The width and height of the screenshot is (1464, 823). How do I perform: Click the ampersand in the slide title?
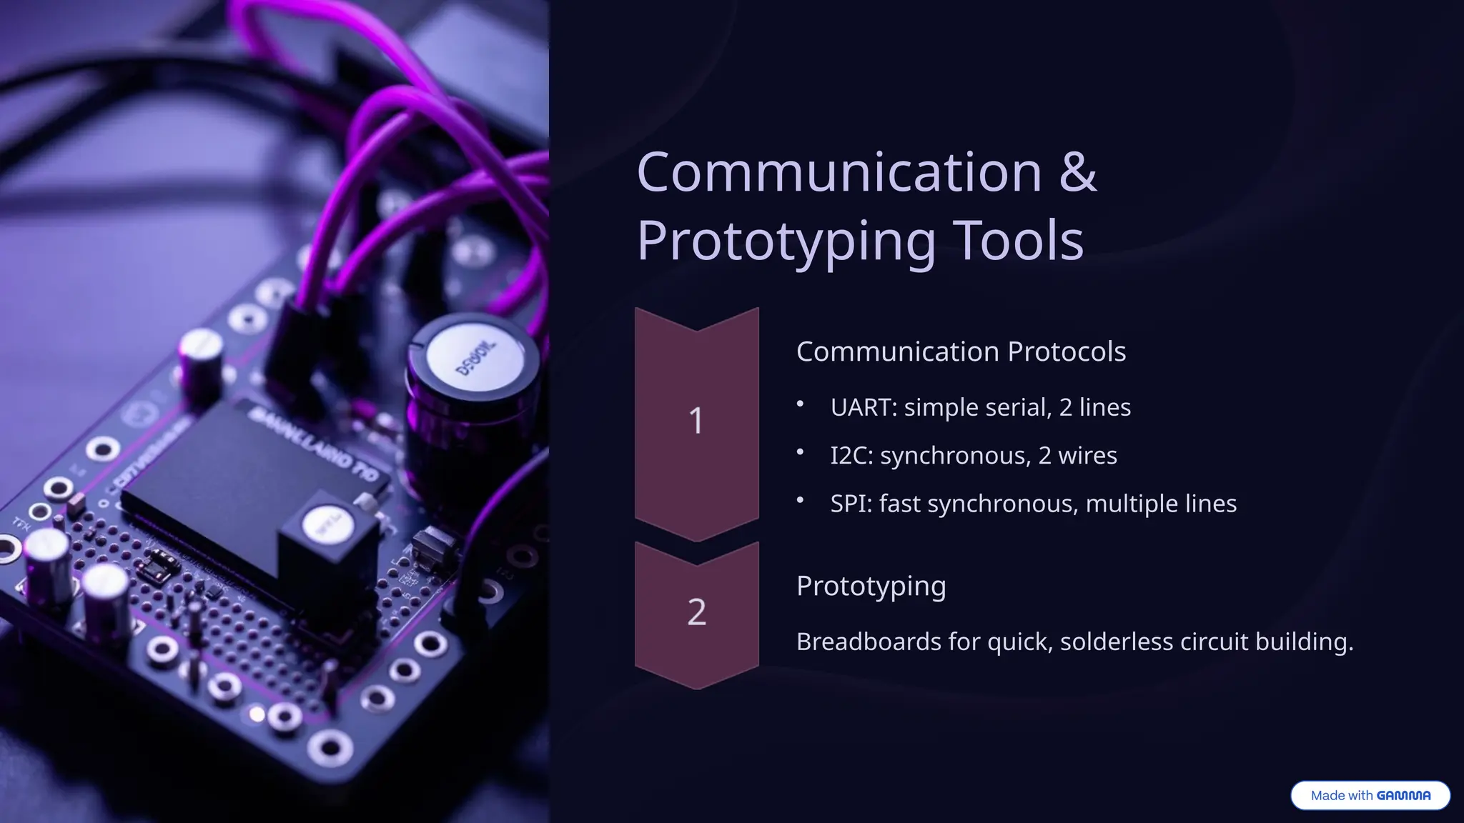coord(1077,172)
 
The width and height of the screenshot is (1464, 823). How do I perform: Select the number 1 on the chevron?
coord(696,421)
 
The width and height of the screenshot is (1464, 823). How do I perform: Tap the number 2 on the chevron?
coord(696,612)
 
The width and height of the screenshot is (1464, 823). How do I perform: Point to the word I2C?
coord(851,456)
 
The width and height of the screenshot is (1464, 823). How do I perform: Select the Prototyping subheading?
coord(871,587)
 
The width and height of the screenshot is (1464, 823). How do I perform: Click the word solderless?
coord(1117,642)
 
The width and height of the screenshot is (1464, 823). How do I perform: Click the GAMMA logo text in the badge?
coord(1403,796)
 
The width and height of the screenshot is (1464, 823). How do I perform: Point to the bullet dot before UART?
coord(801,405)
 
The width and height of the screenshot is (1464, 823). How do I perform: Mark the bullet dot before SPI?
coord(801,502)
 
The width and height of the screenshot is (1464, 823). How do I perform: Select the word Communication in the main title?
coord(839,172)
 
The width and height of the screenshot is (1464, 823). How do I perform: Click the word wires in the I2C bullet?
coord(1087,456)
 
